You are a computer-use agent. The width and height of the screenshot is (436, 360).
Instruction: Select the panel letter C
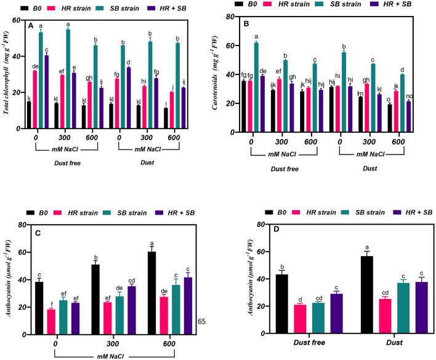point(30,235)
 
